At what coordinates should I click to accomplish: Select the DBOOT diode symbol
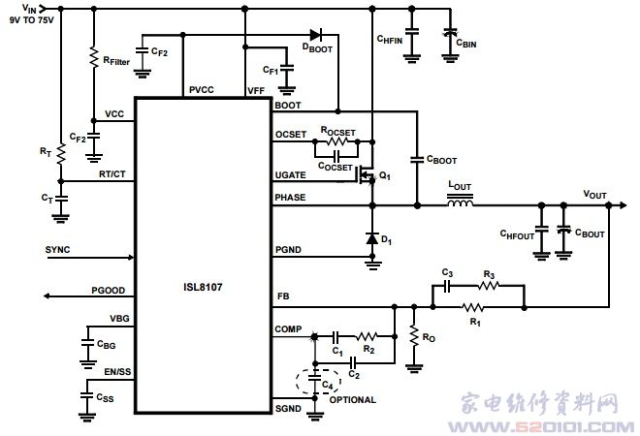(315, 36)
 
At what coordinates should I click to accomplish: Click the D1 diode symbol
(372, 238)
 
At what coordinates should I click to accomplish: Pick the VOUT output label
(594, 195)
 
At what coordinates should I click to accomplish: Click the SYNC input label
(58, 250)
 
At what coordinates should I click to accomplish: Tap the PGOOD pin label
(108, 290)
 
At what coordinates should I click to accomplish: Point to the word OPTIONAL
(353, 399)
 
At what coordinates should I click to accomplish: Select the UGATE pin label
(291, 175)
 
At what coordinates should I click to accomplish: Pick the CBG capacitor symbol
(88, 342)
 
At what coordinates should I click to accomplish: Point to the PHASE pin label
(291, 198)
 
